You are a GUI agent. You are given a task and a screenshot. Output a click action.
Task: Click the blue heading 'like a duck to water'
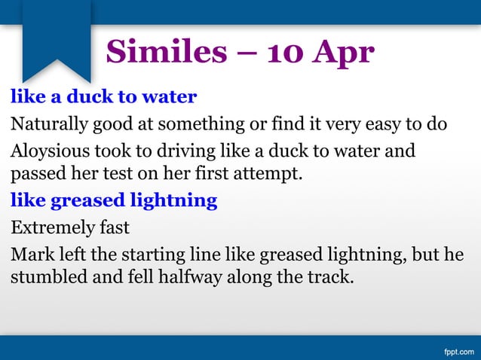click(103, 96)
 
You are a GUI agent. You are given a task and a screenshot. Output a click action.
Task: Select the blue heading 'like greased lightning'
click(114, 201)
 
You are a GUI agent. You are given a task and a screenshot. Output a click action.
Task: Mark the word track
click(329, 276)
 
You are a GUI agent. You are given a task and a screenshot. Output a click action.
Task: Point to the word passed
click(35, 175)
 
